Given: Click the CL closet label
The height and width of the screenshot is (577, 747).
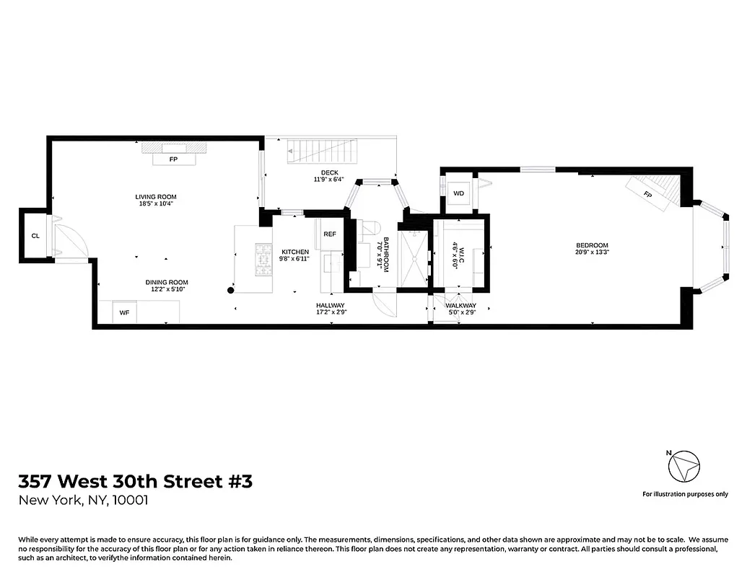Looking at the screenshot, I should tap(35, 236).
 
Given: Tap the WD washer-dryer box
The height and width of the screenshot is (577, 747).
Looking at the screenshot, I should tap(459, 193).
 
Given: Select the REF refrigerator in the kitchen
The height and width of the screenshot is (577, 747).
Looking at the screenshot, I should tap(330, 234).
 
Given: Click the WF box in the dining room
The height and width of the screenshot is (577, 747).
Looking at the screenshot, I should tap(124, 312).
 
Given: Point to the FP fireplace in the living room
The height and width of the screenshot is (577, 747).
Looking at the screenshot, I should tap(173, 159).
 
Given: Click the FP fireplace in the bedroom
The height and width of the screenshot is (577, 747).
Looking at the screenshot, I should tap(647, 195).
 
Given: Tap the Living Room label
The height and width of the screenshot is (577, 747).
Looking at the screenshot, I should tap(156, 197).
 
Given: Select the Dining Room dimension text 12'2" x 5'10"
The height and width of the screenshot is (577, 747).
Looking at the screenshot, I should tap(167, 289).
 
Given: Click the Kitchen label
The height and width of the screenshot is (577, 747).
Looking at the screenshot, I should tap(295, 252).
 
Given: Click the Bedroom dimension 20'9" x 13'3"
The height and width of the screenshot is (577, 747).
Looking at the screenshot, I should tap(592, 252).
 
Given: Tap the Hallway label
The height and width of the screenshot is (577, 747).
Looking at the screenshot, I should tap(331, 305).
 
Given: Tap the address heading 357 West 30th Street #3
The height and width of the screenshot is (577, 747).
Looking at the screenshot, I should tap(136, 481).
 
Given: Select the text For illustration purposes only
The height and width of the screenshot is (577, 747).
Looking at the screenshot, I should tap(685, 494).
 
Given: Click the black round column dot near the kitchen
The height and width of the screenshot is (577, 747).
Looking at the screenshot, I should tap(231, 291).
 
